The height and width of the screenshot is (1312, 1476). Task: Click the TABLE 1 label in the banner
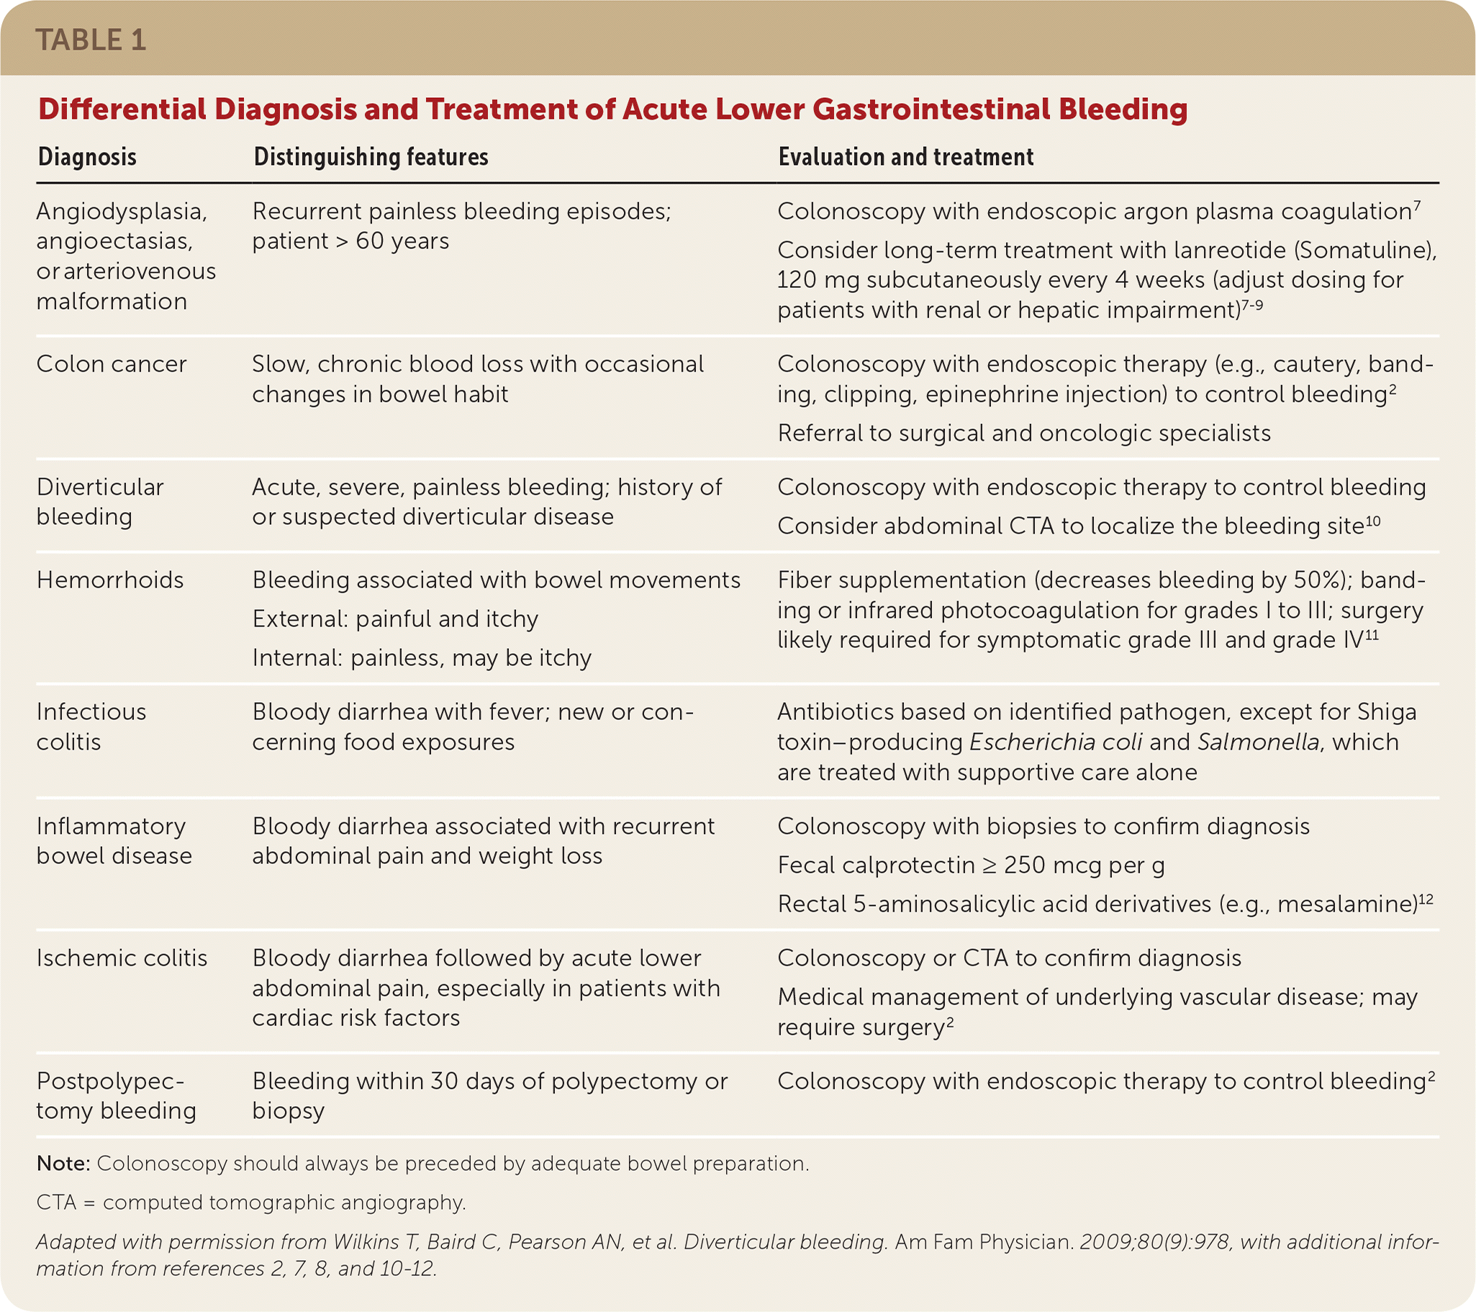(90, 40)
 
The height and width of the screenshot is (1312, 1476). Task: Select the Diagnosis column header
(86, 157)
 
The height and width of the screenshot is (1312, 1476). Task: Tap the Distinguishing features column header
(371, 157)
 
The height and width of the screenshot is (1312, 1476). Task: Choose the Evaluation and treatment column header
(905, 157)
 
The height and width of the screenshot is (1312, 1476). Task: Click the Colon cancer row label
(112, 364)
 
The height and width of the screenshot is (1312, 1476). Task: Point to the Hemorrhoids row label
(110, 580)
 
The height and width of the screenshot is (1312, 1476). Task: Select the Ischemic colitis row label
(122, 957)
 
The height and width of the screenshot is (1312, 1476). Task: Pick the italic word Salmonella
(1258, 742)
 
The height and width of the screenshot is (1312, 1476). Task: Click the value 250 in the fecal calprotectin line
(1025, 865)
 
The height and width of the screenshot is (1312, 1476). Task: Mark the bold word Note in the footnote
(62, 1163)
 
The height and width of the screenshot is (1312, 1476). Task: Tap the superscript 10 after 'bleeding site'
(1372, 521)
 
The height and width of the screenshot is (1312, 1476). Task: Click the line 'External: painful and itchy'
(395, 619)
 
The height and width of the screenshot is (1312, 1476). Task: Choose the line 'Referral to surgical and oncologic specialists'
(1023, 433)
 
